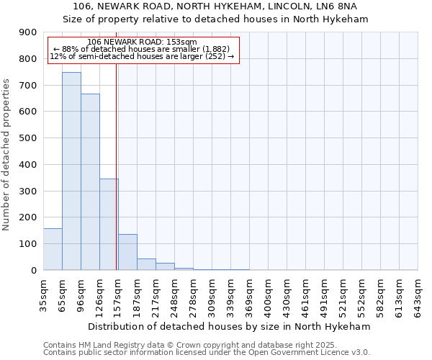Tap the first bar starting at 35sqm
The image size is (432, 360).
53,249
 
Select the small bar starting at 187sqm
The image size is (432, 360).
146,264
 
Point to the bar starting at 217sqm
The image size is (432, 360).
165,266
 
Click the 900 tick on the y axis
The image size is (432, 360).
28,32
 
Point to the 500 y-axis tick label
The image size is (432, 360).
28,138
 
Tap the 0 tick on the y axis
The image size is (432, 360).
34,270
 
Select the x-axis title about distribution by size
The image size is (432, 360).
230,326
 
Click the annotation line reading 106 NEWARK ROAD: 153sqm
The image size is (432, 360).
141,42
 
